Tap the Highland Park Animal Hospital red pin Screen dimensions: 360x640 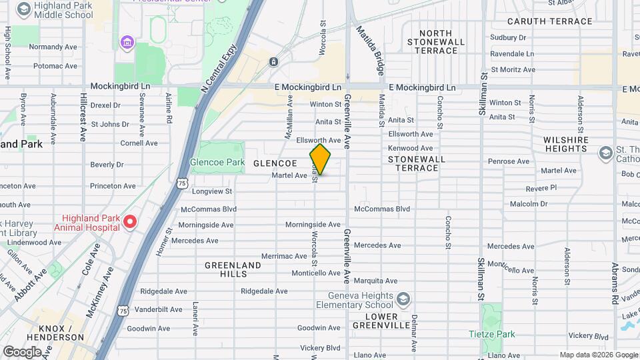(x=130, y=221)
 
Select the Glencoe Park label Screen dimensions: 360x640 (x=217, y=162)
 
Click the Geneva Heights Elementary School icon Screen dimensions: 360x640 (x=403, y=298)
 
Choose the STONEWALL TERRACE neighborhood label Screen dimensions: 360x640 (x=413, y=163)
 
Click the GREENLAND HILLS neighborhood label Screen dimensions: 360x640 (x=233, y=269)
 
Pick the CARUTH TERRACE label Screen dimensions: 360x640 (x=552, y=21)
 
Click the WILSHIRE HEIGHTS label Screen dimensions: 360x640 (x=565, y=145)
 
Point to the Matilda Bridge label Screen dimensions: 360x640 (x=370, y=50)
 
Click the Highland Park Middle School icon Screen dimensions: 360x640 (x=25, y=9)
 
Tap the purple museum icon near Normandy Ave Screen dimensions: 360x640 (x=127, y=43)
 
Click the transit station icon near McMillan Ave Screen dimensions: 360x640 (x=274, y=62)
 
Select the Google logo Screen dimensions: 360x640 (x=22, y=351)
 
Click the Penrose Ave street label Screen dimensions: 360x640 (x=509, y=161)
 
